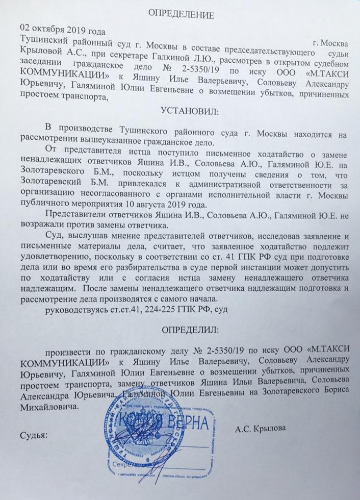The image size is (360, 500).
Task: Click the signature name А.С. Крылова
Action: [261, 429]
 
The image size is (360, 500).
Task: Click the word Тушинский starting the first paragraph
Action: [41, 40]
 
